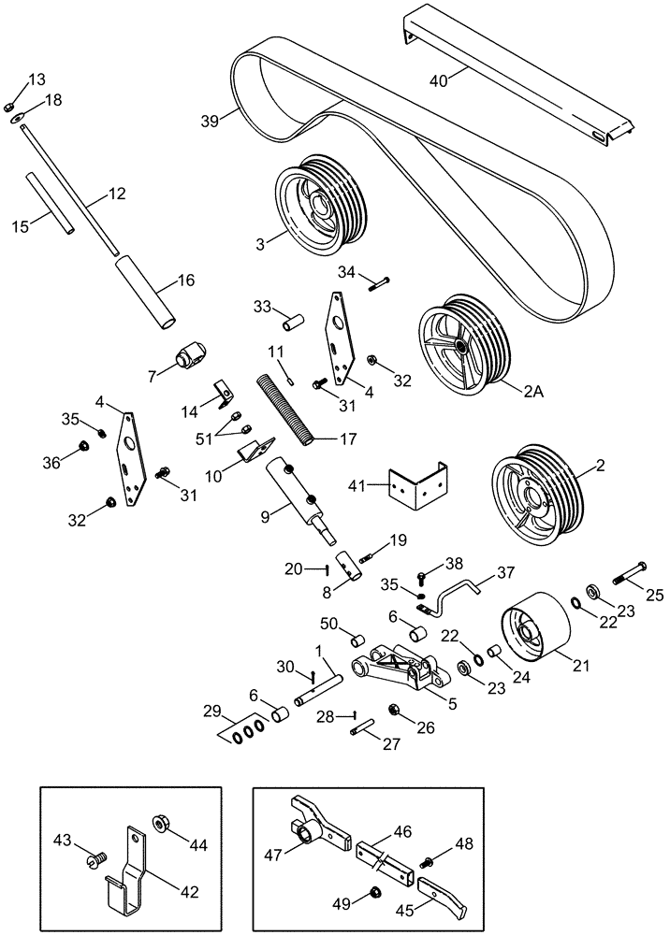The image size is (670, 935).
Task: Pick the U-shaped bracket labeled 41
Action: (417, 483)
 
